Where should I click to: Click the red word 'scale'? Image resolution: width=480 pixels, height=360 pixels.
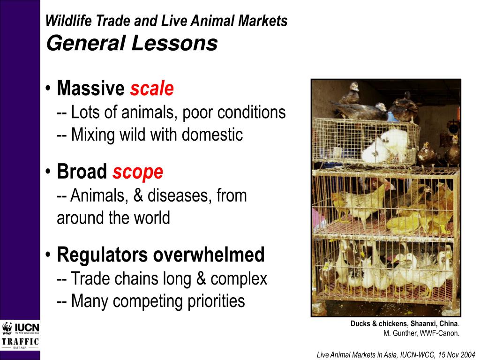[x=152, y=89]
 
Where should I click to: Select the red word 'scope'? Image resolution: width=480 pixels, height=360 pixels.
[x=138, y=172]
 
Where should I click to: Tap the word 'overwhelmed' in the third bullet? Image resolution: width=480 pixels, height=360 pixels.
[x=209, y=255]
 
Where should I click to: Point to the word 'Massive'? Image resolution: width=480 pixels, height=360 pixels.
[x=91, y=89]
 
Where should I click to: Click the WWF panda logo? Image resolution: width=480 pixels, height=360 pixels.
[x=7, y=328]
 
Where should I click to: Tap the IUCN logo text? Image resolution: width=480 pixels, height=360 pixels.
[x=27, y=327]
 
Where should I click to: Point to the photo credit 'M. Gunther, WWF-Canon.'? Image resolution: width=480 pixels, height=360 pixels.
[x=421, y=334]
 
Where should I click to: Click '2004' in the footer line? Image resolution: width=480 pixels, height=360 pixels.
[x=466, y=355]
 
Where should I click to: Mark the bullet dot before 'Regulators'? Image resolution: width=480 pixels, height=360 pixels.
[x=49, y=255]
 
